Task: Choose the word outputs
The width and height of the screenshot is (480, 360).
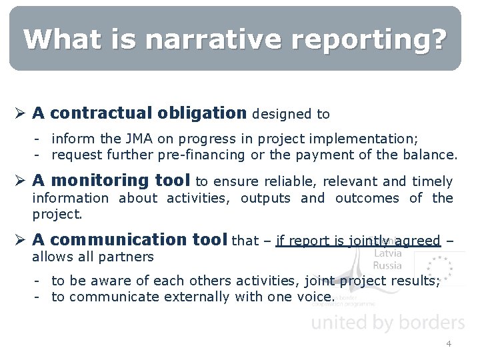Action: pos(265,198)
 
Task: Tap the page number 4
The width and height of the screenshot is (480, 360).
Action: pos(449,343)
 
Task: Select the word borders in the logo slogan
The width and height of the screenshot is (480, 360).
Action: pos(427,323)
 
